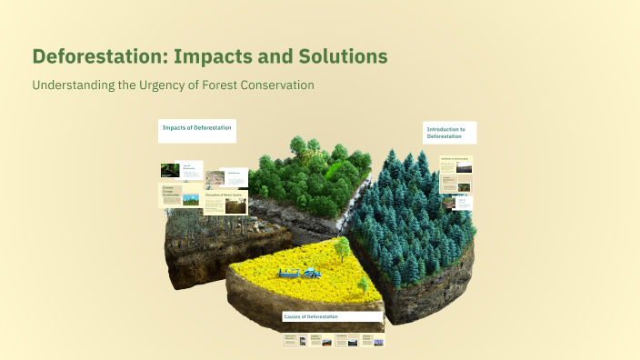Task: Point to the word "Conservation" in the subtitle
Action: point(272,85)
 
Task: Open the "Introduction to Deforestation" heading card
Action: point(449,133)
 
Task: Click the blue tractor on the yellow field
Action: point(311,271)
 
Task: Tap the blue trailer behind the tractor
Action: point(290,271)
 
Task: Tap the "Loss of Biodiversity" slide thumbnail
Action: point(182,170)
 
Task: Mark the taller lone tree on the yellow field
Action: point(342,246)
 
